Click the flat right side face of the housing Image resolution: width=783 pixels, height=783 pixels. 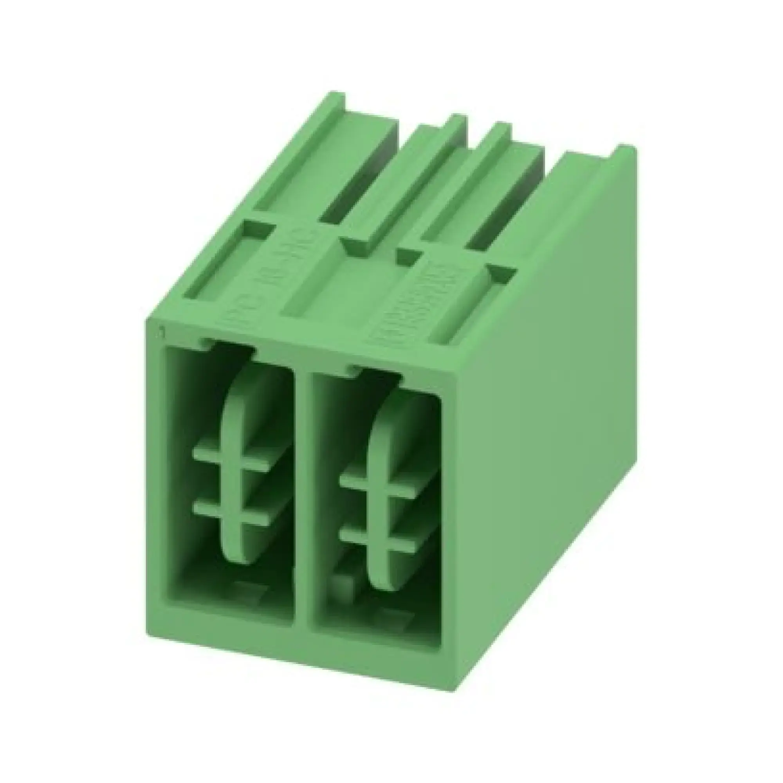[x=543, y=426]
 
